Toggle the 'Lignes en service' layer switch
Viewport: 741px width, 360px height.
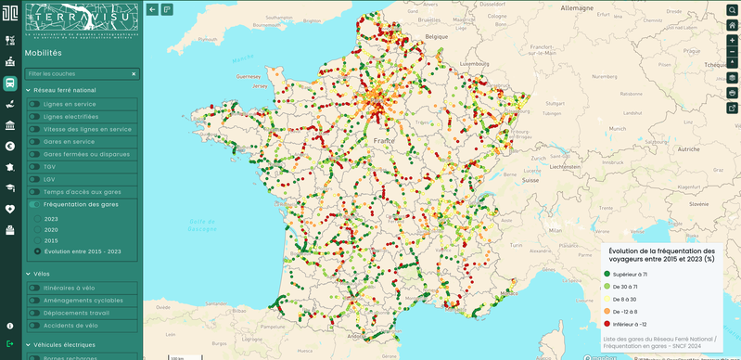(x=35, y=105)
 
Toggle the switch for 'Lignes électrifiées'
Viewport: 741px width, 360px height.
(x=35, y=117)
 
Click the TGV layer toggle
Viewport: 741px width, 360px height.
(x=35, y=167)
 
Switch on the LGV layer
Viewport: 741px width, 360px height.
(x=35, y=179)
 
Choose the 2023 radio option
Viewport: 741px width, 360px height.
(x=37, y=218)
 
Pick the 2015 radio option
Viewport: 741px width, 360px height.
(x=37, y=240)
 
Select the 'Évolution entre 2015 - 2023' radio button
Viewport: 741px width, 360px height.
(x=37, y=251)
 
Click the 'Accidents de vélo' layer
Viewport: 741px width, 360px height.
(x=35, y=326)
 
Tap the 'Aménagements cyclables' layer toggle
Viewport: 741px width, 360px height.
(x=35, y=301)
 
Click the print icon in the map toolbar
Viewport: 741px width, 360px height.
(x=732, y=93)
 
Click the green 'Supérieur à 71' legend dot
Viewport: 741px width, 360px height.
(x=607, y=274)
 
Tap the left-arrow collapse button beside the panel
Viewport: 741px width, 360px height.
(x=152, y=9)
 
